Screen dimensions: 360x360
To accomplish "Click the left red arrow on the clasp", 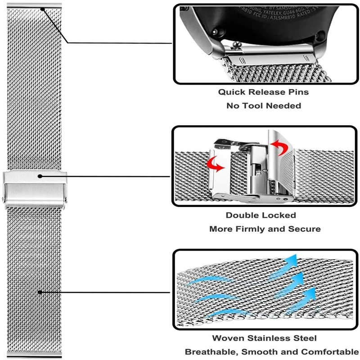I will (x=215, y=164).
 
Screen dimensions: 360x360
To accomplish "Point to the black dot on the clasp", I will (x=40, y=176).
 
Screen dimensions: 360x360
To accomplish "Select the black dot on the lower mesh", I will (x=40, y=292).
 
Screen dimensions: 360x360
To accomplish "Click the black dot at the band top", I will (x=42, y=8).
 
